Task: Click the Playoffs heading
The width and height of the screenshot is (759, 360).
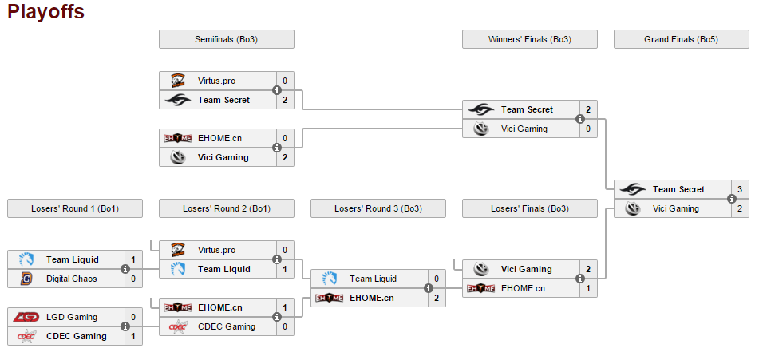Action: tap(45, 12)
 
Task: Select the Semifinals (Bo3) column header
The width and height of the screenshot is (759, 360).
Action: tap(226, 39)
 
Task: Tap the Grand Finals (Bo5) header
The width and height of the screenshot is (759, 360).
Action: tap(681, 39)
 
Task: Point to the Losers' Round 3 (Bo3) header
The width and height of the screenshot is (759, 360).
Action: tap(378, 208)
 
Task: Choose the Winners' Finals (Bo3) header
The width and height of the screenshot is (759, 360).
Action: tap(529, 39)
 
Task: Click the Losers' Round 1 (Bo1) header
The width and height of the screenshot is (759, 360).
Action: tap(74, 208)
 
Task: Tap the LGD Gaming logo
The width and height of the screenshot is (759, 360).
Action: tap(26, 317)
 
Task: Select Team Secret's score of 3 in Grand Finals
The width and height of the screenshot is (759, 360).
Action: tap(739, 189)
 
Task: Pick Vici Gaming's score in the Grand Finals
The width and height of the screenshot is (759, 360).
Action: tap(739, 208)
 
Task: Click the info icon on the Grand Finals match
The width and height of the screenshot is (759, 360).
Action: tap(732, 199)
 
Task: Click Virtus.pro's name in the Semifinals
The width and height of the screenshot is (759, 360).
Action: tap(216, 81)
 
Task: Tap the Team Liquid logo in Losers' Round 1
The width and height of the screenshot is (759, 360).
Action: tap(26, 259)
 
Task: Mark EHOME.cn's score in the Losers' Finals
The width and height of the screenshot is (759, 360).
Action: tap(587, 288)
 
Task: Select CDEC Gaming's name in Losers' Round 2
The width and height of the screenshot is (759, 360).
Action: tap(227, 326)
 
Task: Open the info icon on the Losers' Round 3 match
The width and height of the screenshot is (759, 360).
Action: tap(429, 288)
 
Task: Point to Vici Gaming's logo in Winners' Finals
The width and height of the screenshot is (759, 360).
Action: tap(480, 129)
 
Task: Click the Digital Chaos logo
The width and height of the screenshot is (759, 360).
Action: tap(26, 279)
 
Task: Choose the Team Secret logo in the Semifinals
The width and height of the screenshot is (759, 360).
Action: tap(177, 100)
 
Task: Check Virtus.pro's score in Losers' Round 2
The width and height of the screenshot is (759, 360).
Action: tap(284, 250)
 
